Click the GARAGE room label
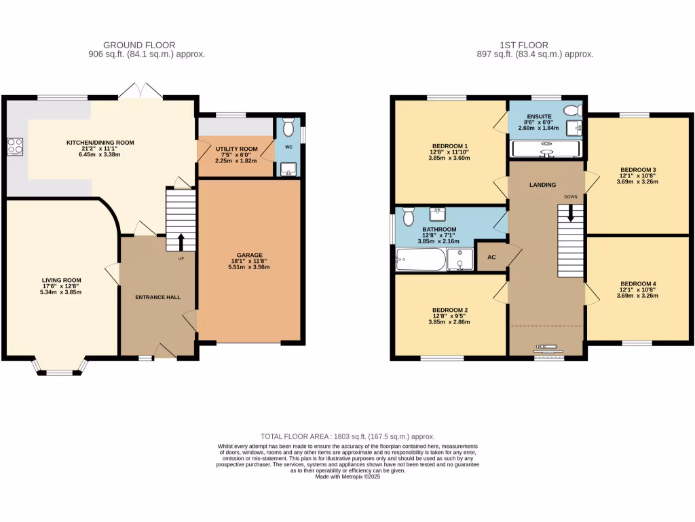[249, 256]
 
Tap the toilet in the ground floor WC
[288, 128]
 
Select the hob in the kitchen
[14, 146]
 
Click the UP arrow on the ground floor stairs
[181, 241]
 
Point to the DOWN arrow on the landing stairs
[570, 212]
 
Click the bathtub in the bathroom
[420, 260]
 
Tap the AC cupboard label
[491, 258]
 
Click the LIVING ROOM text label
[61, 279]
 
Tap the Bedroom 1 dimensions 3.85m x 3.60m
[449, 158]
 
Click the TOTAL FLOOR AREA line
[347, 436]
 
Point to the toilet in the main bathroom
[409, 216]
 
